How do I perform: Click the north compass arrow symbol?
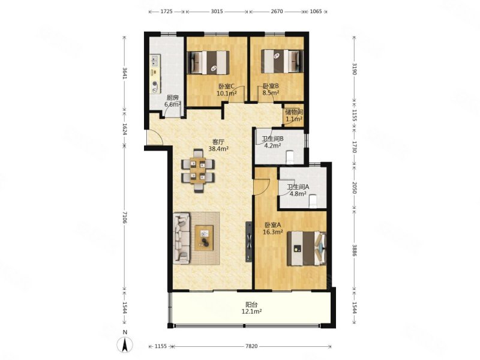pos(125,344)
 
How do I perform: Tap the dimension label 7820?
pos(251,346)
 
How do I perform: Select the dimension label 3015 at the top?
pos(217,11)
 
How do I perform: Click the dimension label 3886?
pos(354,250)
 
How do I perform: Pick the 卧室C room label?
pos(226,86)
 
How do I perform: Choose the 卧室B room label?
pos(271,86)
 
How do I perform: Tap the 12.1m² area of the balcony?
pos(251,311)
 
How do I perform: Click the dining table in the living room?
pos(198,170)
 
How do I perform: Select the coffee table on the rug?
pos(204,238)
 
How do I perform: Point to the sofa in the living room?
pos(182,238)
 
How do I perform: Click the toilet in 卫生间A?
pos(313,201)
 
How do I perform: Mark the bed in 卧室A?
pos(307,248)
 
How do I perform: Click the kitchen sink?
pos(155,61)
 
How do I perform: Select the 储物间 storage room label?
pos(294,112)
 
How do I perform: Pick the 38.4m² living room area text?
pos(218,149)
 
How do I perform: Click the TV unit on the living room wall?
pos(248,242)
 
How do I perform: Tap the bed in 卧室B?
pos(282,61)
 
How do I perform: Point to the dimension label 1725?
pos(167,11)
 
